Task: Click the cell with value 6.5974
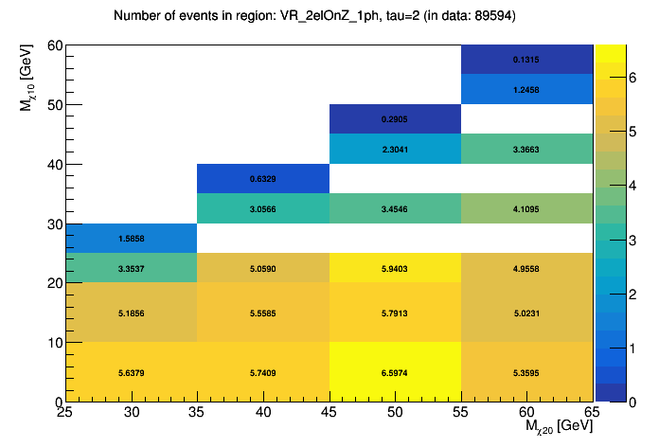tap(395, 372)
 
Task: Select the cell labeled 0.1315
tap(526, 59)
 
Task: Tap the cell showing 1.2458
tap(526, 89)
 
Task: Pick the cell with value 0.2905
tap(395, 119)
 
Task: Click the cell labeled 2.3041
tap(395, 149)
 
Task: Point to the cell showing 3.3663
tap(526, 149)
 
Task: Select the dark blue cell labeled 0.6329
tap(262, 178)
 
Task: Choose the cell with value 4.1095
tap(526, 208)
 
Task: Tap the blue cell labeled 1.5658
tap(131, 238)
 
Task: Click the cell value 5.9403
tap(395, 268)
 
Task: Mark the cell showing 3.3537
tap(131, 268)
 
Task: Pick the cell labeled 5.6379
tap(131, 372)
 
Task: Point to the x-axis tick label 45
tap(329, 413)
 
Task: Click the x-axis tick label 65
tap(591, 413)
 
